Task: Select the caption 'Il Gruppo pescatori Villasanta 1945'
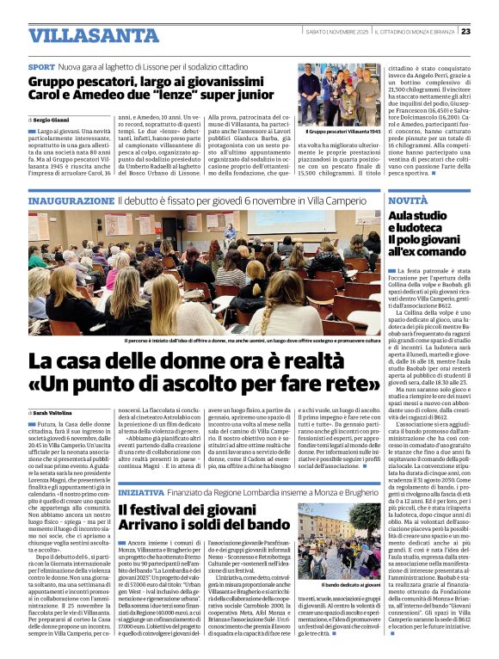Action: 342,132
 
